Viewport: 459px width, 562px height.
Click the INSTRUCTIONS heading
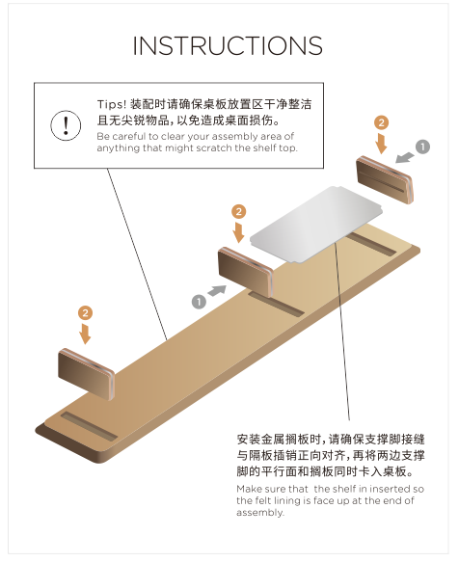click(228, 45)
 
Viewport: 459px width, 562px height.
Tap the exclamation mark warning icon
click(66, 125)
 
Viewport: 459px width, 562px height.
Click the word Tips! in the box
click(112, 104)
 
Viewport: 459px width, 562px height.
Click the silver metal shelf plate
click(316, 225)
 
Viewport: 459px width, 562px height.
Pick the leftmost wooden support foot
click(87, 374)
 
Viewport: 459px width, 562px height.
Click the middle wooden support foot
click(246, 272)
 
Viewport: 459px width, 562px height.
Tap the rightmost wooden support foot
click(385, 180)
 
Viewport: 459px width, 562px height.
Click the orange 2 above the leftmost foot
click(85, 313)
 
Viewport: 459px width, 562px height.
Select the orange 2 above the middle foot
click(239, 212)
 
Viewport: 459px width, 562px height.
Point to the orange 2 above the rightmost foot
click(381, 122)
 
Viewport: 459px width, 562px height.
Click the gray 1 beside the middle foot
click(199, 302)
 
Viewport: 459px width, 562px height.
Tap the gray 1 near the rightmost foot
click(422, 147)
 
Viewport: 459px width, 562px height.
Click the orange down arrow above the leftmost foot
click(85, 334)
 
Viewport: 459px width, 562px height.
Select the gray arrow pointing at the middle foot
click(217, 290)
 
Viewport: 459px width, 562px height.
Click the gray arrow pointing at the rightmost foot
click(405, 157)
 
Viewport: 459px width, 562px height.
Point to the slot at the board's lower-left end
click(89, 426)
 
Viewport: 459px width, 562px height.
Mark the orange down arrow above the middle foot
click(238, 232)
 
